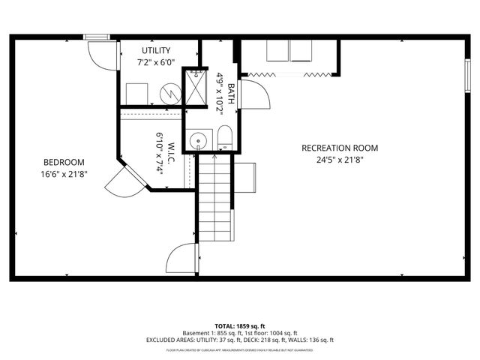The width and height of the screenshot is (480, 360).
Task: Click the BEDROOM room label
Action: pyautogui.click(x=64, y=162)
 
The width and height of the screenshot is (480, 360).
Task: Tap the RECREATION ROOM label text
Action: pyautogui.click(x=340, y=148)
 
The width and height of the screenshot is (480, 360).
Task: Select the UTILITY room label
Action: pyautogui.click(x=156, y=50)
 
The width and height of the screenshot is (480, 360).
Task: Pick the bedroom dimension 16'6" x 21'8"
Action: pyautogui.click(x=64, y=174)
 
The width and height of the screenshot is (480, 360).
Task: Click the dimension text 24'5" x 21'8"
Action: pyautogui.click(x=340, y=159)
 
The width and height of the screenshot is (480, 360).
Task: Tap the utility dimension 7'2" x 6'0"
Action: pyautogui.click(x=156, y=62)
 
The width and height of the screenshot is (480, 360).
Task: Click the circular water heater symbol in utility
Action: pyautogui.click(x=172, y=94)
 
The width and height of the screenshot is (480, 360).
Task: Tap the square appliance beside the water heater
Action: pyautogui.click(x=137, y=94)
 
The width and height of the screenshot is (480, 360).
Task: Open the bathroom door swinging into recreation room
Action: pyautogui.click(x=253, y=95)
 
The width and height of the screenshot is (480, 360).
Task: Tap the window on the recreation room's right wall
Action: pyautogui.click(x=467, y=74)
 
